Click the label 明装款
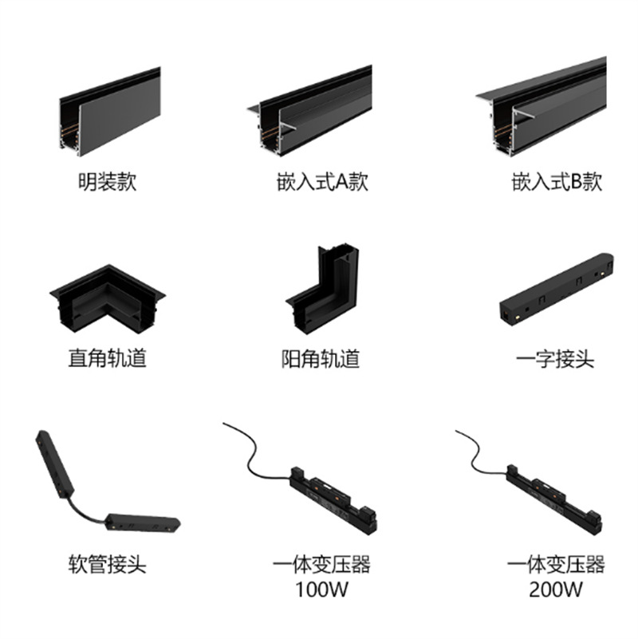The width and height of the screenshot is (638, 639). point(107,182)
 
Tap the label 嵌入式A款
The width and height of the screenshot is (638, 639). point(317,182)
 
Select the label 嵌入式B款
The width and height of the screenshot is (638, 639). point(557,182)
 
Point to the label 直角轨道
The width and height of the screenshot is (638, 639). point(107,359)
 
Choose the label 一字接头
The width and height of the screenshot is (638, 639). point(555,359)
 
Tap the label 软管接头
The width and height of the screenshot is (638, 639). point(107,566)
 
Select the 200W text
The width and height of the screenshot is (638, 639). point(555,590)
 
